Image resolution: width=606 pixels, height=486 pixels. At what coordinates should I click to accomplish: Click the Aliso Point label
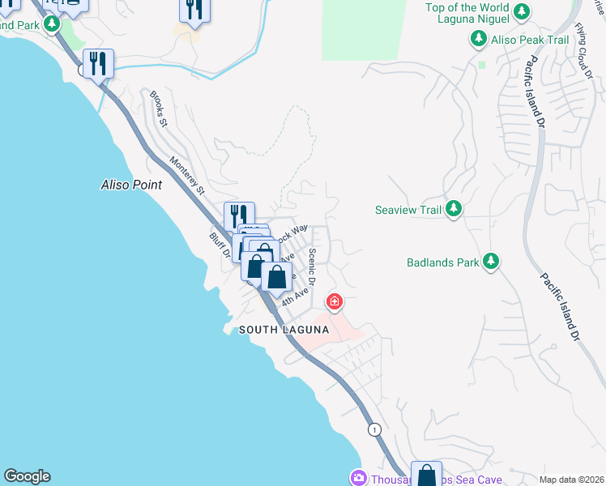[131, 185]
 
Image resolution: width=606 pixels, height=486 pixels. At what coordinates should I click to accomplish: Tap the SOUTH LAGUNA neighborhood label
[284, 330]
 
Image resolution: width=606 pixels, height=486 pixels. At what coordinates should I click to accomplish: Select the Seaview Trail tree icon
[454, 210]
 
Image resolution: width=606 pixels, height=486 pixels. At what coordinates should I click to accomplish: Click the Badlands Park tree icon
[490, 262]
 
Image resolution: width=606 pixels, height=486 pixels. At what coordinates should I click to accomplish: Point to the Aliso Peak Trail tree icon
[478, 38]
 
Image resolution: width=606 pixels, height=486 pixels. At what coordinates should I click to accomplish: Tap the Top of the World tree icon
[523, 11]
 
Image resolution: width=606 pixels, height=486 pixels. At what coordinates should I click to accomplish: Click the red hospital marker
[334, 303]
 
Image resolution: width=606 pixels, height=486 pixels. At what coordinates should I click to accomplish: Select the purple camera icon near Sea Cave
[357, 477]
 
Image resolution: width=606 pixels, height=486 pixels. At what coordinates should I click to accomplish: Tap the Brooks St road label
[157, 109]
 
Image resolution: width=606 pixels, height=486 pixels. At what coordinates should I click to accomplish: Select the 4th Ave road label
[296, 294]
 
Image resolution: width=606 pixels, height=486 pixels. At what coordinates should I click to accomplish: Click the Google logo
[27, 476]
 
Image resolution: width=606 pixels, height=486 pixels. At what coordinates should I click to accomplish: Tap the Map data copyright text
[571, 480]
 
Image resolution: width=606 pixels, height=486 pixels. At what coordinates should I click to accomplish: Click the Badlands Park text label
[442, 262]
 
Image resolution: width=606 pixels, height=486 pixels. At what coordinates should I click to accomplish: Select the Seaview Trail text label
[408, 211]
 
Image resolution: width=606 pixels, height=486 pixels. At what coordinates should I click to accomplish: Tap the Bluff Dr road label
[219, 246]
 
